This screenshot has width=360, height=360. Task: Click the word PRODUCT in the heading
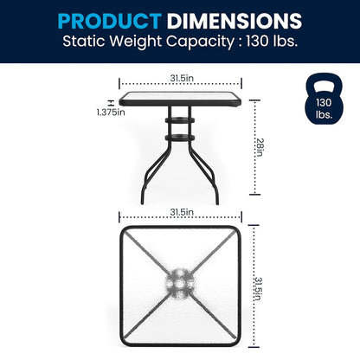click(109, 21)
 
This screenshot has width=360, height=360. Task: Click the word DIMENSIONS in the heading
click(235, 21)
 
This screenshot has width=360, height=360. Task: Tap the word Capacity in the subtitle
click(200, 42)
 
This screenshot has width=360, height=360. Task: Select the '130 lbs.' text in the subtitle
click(272, 41)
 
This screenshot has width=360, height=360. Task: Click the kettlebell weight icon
click(325, 99)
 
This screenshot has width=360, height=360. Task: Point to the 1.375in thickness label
click(111, 112)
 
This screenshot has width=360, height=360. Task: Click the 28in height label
click(260, 147)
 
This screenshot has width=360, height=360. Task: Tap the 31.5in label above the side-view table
click(182, 78)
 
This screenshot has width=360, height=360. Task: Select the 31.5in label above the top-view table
click(182, 212)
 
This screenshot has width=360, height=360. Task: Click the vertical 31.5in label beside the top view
click(258, 289)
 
